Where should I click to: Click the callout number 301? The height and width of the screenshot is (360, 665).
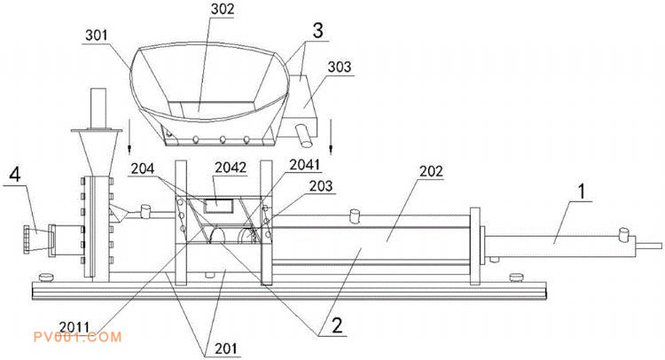(97, 35)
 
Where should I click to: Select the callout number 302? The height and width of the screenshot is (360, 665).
(223, 10)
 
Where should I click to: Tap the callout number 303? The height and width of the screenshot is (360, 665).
(340, 67)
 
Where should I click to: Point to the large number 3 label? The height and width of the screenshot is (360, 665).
(317, 30)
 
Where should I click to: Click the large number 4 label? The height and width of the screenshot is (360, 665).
(15, 174)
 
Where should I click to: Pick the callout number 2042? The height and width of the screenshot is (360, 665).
(231, 168)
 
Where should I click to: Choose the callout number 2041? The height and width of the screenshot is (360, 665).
(304, 165)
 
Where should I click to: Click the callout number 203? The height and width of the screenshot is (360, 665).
(321, 185)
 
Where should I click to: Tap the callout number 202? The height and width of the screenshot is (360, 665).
(431, 171)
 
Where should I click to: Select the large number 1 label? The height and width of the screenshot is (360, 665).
(582, 192)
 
